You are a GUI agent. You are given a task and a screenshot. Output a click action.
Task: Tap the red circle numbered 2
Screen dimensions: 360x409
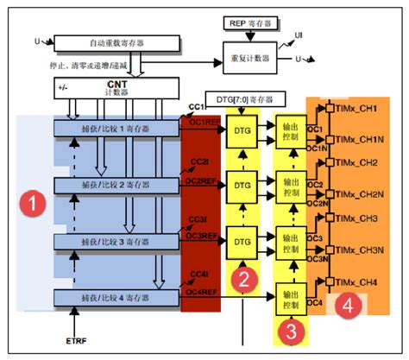pyautogui.click(x=244, y=278)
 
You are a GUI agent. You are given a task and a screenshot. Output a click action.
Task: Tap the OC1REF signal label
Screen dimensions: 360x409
pyautogui.click(x=200, y=122)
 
